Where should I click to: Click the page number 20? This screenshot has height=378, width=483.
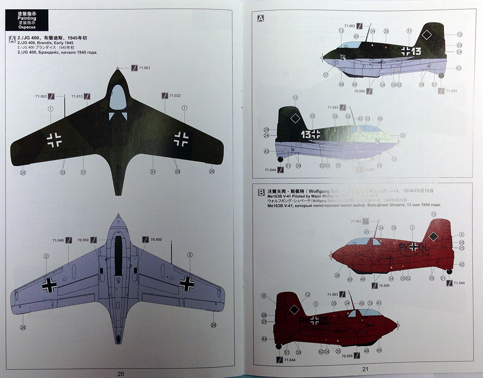(121, 373)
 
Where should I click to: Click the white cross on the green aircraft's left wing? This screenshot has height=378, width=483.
(54, 140)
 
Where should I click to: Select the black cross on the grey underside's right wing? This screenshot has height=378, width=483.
(187, 283)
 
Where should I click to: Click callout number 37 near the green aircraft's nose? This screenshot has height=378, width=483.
(326, 75)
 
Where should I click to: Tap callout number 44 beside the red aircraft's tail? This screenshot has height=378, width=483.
(264, 339)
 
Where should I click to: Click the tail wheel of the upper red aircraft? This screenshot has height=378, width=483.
(449, 271)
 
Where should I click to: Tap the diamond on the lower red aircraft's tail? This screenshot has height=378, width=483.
(294, 310)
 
